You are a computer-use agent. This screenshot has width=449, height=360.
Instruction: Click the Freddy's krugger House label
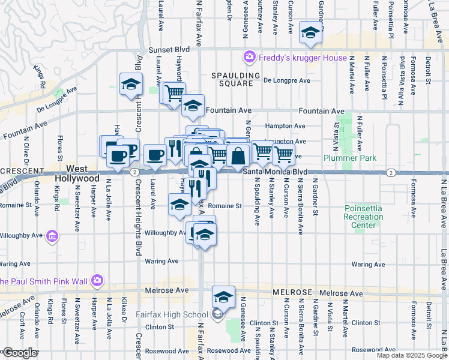[x=303, y=58]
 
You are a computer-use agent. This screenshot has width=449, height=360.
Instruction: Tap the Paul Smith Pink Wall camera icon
[x=97, y=280]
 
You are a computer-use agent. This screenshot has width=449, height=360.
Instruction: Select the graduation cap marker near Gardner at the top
[x=310, y=32]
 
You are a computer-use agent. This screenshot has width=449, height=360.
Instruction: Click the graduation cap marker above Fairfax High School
[x=223, y=296]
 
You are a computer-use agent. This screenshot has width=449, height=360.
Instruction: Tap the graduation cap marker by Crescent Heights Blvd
[x=130, y=85]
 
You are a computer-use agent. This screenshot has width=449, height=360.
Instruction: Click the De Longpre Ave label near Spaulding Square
[x=286, y=80]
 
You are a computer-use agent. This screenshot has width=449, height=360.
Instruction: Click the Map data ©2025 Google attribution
[x=412, y=355]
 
